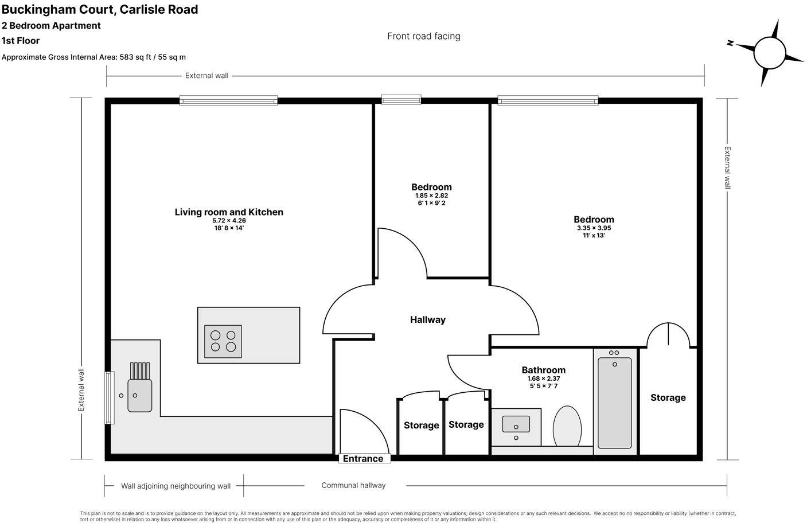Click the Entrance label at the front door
[x=363, y=459]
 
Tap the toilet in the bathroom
[x=567, y=426]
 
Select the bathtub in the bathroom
[x=614, y=403]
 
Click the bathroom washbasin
[x=516, y=425]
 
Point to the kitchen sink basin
[x=139, y=395]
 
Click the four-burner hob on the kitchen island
[x=223, y=341]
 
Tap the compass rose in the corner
[x=769, y=52]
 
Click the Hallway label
[x=427, y=320]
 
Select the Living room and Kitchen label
[x=229, y=212]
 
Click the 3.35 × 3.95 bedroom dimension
[x=594, y=228]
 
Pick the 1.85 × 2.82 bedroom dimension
[x=431, y=196]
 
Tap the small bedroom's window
[x=401, y=100]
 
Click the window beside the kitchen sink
[x=109, y=398]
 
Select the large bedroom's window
[x=548, y=100]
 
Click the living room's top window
[x=228, y=100]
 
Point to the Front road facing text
[x=423, y=36]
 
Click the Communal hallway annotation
[x=353, y=485]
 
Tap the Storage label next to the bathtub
[x=668, y=397]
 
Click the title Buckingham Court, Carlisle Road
[x=100, y=9]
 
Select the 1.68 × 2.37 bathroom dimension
[x=543, y=378]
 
